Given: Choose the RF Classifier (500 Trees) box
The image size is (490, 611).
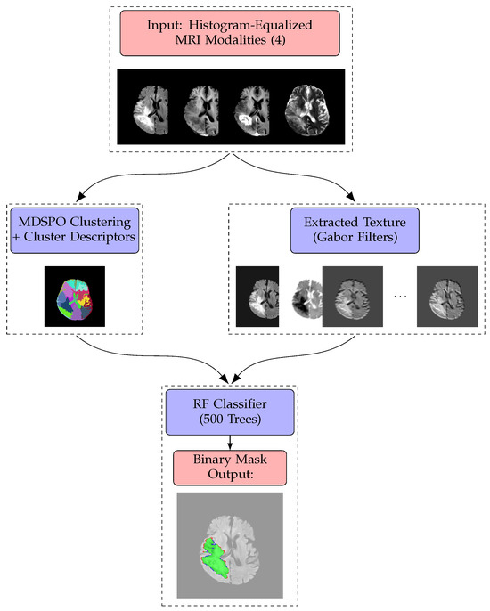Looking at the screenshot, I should [x=231, y=412].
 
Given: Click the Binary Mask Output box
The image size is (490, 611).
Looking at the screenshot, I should [x=231, y=468].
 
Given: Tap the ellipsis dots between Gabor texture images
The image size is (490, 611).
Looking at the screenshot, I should [x=399, y=295].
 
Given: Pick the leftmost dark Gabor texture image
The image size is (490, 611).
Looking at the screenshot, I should [x=257, y=295].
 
